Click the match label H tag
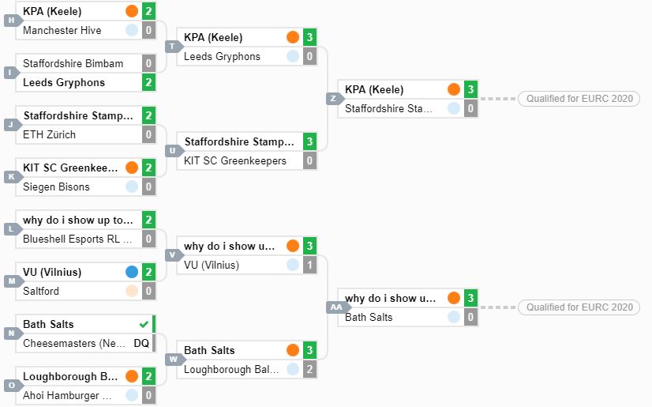(13, 20)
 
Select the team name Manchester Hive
(62, 30)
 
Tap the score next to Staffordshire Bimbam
(148, 63)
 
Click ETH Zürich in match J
(49, 135)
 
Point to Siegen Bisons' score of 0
(148, 187)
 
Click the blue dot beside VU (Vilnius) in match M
(132, 272)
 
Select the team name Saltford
(41, 291)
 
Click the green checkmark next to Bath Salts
(144, 324)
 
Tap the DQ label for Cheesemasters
(141, 343)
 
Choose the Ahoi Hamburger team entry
(67, 395)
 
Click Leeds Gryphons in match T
(222, 57)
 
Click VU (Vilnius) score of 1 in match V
(309, 265)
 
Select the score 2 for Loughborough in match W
(309, 369)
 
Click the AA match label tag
(336, 307)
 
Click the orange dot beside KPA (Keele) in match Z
(454, 89)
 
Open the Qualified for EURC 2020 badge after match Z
(579, 99)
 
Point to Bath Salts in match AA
(369, 317)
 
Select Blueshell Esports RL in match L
(77, 239)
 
